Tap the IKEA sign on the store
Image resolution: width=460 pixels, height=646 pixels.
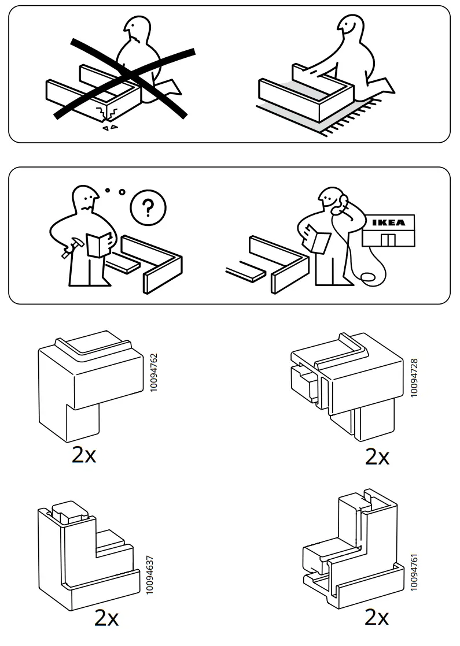pos(388,222)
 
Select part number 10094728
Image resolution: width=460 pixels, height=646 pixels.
pos(414,377)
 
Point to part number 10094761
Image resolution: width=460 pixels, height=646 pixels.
pos(414,570)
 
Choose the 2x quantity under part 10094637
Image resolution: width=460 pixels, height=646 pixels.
pos(106,619)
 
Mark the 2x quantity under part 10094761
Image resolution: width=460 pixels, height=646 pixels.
pos(377,618)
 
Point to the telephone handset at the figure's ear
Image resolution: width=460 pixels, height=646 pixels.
pos(343,201)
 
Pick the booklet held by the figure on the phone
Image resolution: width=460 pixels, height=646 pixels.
pos(318,238)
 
